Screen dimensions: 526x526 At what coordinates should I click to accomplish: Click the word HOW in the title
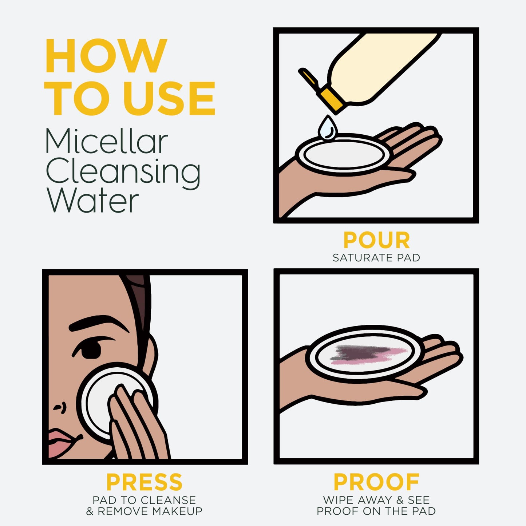click(x=106, y=56)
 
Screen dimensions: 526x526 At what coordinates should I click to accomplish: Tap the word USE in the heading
click(x=169, y=99)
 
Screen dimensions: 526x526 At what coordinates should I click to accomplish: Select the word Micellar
click(x=106, y=141)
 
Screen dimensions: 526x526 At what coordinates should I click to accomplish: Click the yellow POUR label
click(x=376, y=240)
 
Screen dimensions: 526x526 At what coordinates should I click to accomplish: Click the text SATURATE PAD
click(x=376, y=258)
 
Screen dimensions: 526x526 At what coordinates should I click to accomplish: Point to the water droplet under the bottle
click(x=328, y=128)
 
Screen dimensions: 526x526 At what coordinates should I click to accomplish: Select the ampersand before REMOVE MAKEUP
click(x=90, y=511)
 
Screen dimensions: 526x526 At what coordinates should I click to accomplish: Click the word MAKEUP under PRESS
click(x=177, y=511)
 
